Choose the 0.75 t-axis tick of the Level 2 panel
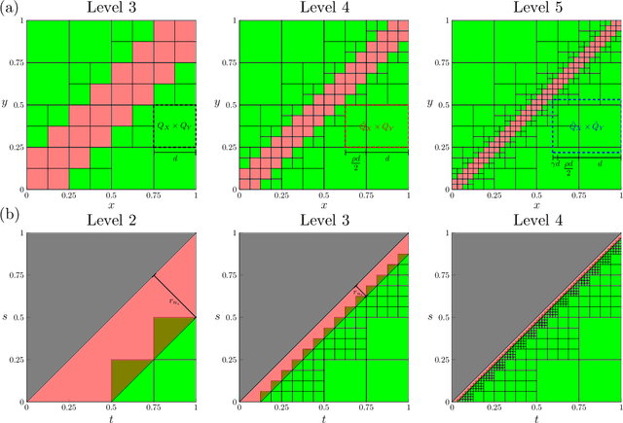tap(153, 408)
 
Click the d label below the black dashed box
tap(174, 159)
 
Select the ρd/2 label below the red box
tap(356, 159)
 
